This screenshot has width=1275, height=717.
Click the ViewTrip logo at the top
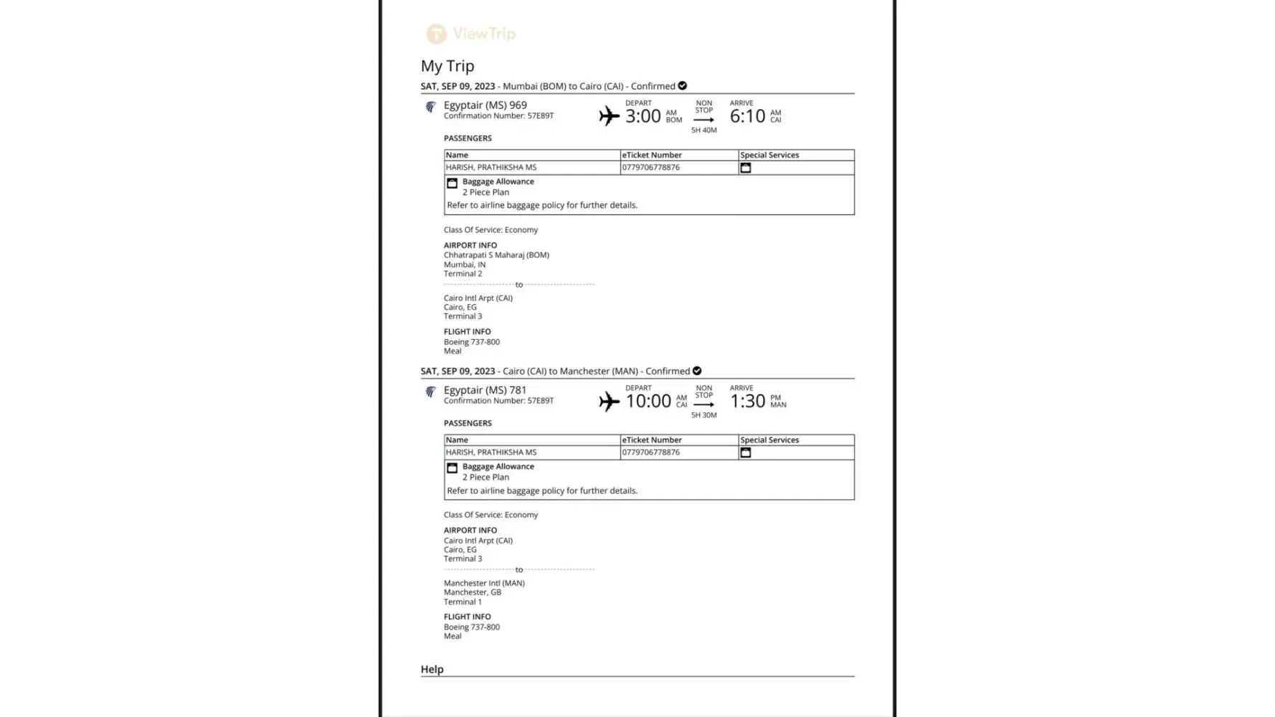(471, 34)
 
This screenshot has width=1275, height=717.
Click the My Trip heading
(447, 66)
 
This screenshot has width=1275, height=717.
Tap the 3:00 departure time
(643, 116)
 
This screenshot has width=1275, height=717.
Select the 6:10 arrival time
(747, 116)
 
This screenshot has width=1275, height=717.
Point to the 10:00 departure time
(648, 401)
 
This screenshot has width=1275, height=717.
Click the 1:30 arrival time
(747, 401)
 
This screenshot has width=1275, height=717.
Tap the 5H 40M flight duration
(703, 130)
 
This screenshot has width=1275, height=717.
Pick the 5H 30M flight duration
(703, 415)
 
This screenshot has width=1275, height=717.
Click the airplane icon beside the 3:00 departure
(609, 116)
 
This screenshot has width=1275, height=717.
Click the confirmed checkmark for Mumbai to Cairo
(683, 86)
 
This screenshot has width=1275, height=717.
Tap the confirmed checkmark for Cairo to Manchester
(697, 371)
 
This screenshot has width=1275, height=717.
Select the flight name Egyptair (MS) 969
(485, 105)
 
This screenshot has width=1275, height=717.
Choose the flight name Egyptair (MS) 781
(485, 390)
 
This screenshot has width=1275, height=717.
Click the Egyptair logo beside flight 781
(430, 392)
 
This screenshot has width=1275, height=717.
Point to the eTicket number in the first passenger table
(650, 168)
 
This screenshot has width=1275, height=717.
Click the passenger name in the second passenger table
(490, 452)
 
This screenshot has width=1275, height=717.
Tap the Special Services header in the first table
(769, 155)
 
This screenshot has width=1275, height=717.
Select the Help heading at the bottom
(432, 669)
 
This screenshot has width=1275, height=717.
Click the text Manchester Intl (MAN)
(484, 583)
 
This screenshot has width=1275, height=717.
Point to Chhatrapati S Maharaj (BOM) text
(496, 255)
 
